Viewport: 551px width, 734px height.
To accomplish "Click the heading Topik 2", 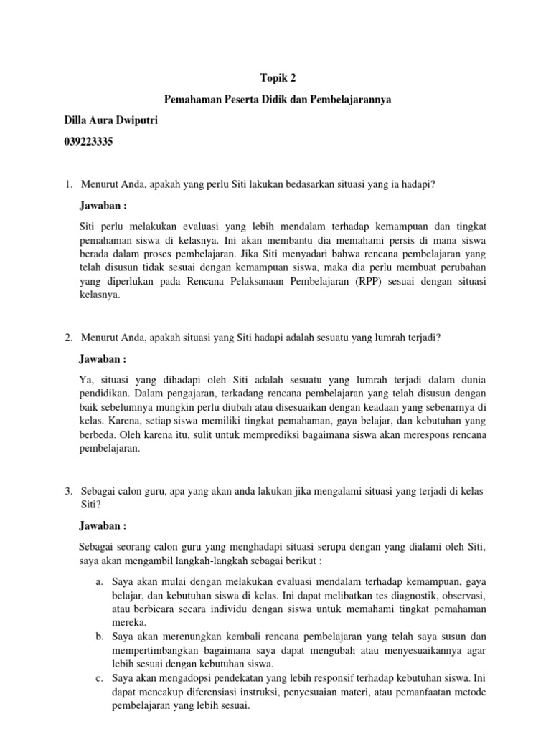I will (x=275, y=79).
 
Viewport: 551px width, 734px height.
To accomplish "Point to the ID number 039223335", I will (x=89, y=141).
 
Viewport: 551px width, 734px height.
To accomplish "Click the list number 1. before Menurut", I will (x=69, y=185).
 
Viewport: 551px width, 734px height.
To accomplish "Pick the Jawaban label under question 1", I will (x=103, y=206).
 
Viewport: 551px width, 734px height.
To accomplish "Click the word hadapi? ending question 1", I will (x=418, y=185).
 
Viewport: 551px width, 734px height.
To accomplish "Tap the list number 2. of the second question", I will (x=69, y=338).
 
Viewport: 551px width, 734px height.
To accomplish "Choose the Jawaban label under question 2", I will (x=103, y=358).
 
